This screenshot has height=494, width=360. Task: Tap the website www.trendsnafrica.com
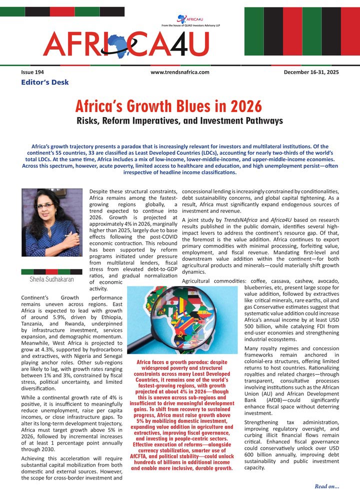179,72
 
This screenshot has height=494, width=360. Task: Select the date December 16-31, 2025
311,72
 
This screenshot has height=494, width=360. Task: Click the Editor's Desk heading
44,82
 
